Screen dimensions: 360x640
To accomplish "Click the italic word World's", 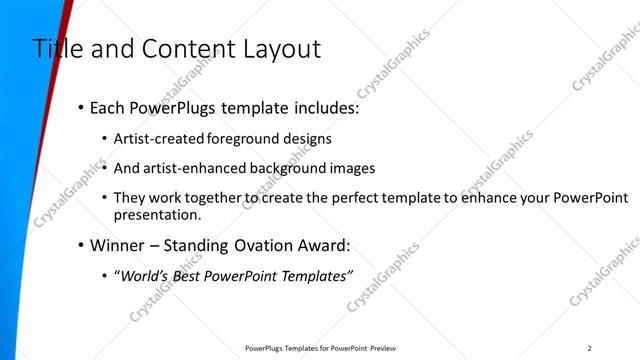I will [146, 275].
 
